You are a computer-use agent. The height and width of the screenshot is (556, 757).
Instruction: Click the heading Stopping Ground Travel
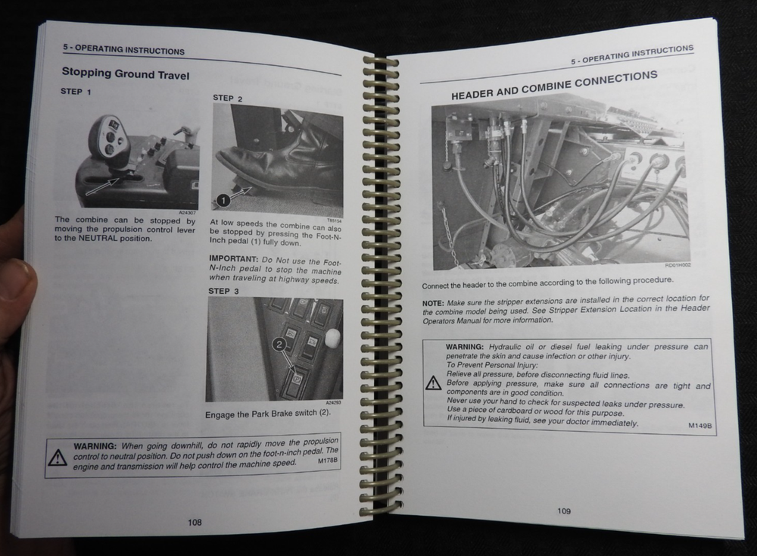(x=126, y=73)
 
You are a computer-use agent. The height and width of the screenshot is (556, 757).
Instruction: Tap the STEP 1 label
(x=76, y=92)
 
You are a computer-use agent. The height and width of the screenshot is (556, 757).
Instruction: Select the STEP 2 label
(x=228, y=98)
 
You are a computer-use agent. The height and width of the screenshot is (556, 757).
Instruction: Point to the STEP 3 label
(x=223, y=291)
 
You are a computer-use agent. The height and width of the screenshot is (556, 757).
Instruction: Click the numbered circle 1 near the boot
(x=223, y=200)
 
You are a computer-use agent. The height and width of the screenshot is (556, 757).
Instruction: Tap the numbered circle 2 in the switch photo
(x=279, y=345)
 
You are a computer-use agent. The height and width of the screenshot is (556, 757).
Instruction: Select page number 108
(x=195, y=522)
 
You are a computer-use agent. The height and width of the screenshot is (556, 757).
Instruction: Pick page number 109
(x=564, y=511)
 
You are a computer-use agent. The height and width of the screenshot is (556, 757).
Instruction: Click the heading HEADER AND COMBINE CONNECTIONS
(x=554, y=86)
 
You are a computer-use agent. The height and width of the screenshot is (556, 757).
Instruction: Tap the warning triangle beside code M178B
(x=58, y=457)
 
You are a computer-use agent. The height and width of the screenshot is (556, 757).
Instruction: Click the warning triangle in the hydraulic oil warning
(x=434, y=383)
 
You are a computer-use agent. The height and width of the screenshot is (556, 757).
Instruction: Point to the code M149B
(x=699, y=426)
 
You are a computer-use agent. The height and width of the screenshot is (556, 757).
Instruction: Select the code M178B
(x=328, y=461)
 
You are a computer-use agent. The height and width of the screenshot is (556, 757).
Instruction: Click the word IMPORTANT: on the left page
(x=234, y=259)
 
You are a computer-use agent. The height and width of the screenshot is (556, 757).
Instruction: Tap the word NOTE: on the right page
(x=433, y=303)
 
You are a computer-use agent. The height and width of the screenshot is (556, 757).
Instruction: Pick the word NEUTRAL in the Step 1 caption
(x=98, y=238)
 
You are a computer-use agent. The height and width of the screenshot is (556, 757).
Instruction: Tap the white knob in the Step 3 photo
(x=333, y=337)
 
